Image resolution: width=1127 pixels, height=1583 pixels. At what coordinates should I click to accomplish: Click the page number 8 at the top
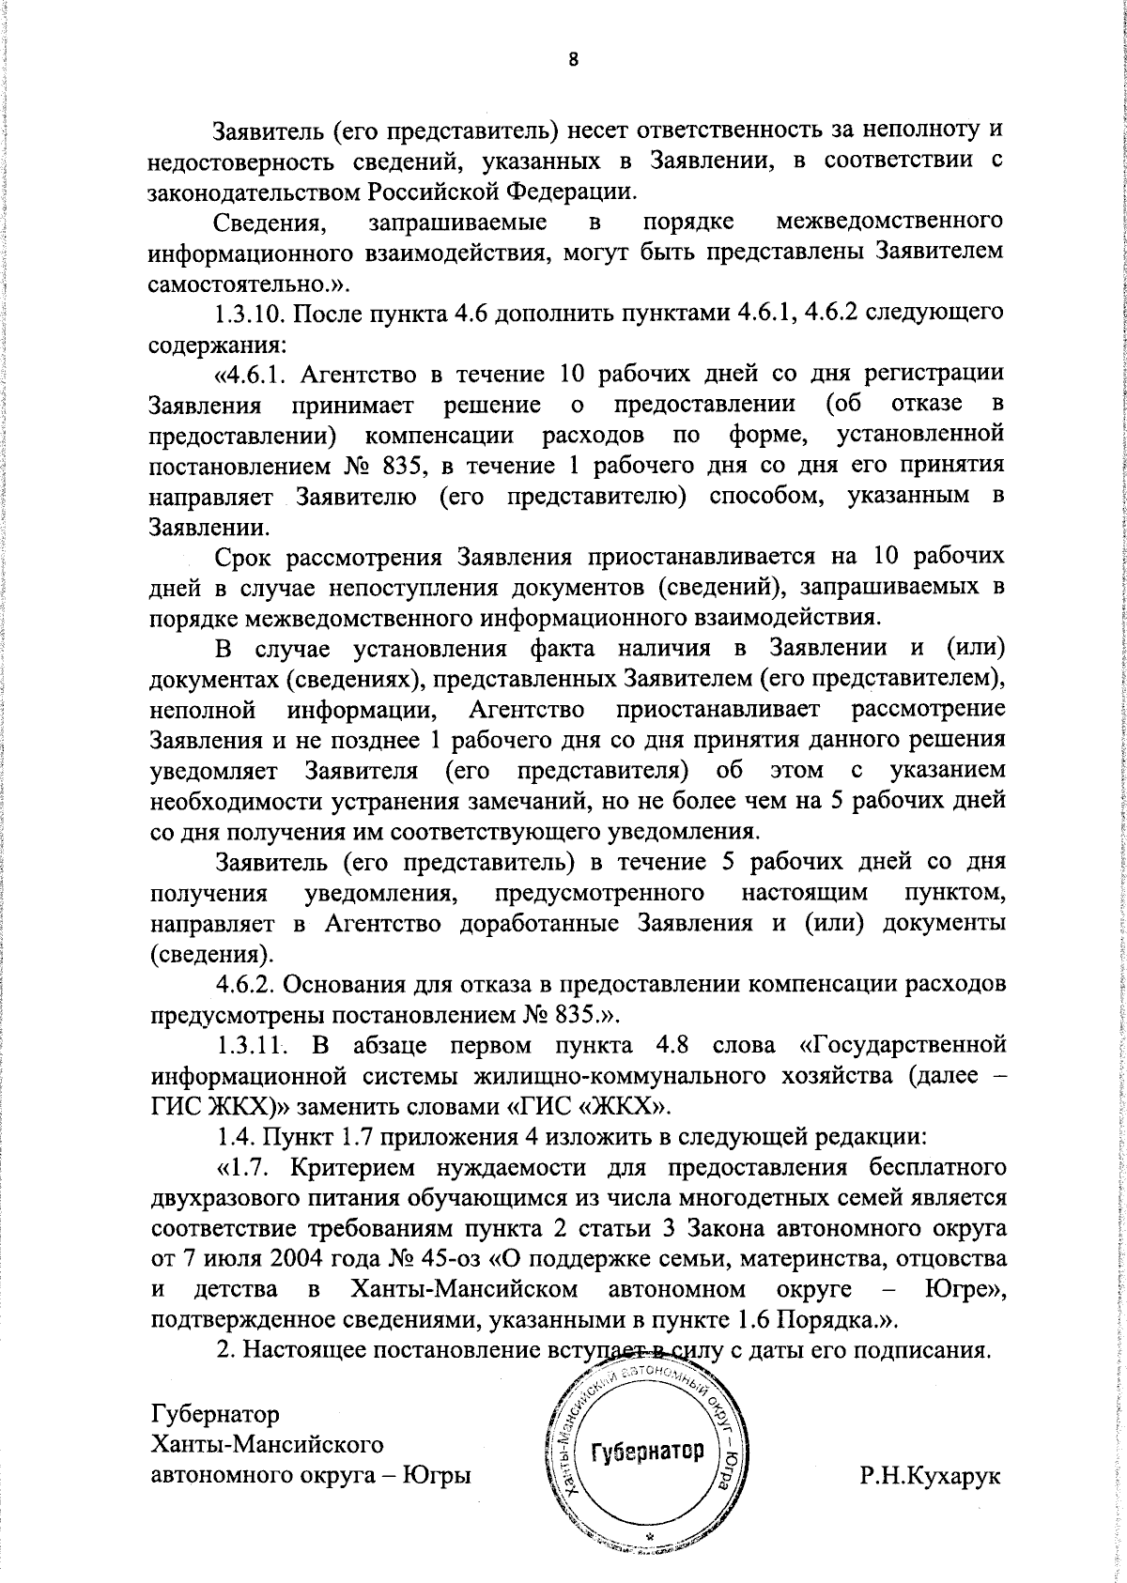click(573, 59)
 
